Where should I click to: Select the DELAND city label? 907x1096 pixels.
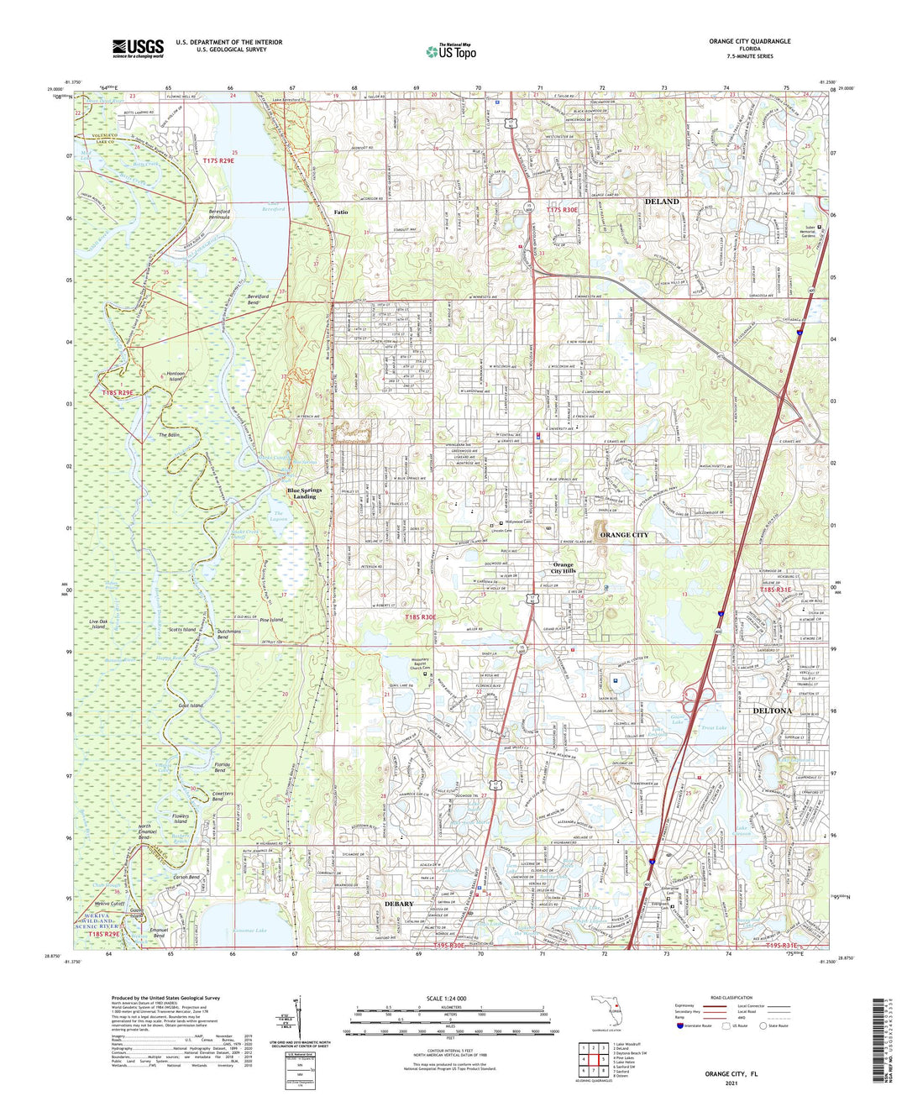(662, 202)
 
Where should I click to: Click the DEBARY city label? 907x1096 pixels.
(399, 904)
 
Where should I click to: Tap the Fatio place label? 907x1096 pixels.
(341, 212)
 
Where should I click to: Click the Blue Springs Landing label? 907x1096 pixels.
(301, 493)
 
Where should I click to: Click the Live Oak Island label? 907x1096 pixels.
(106, 623)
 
